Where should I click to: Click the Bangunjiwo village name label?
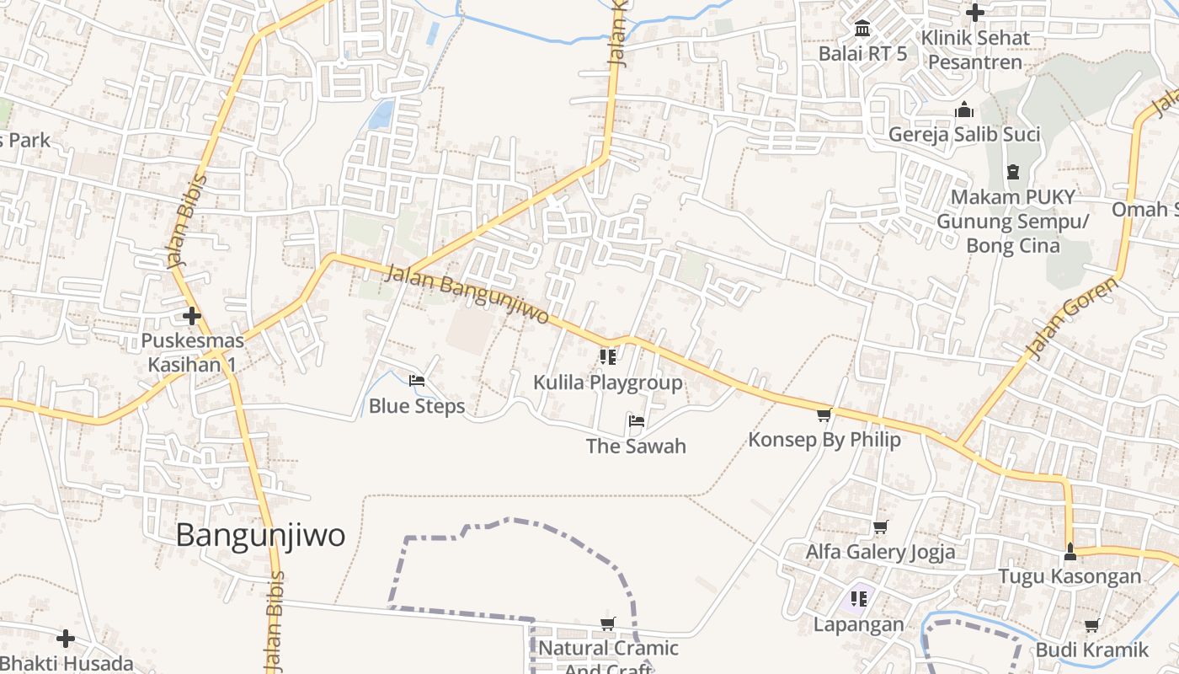pyautogui.click(x=260, y=535)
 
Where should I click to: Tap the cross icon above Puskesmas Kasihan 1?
pyautogui.click(x=192, y=316)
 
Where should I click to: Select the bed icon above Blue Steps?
pyautogui.click(x=416, y=381)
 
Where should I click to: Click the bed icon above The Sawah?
pyautogui.click(x=636, y=420)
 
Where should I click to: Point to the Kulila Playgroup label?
pyautogui.click(x=607, y=382)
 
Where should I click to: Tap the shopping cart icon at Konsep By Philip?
pyautogui.click(x=824, y=415)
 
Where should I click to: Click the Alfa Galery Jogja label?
pyautogui.click(x=880, y=552)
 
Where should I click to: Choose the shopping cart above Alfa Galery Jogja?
pyautogui.click(x=880, y=527)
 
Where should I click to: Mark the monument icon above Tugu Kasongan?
pyautogui.click(x=1070, y=552)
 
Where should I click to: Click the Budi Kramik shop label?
pyautogui.click(x=1091, y=650)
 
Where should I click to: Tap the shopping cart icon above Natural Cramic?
pyautogui.click(x=607, y=623)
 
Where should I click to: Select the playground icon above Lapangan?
pyautogui.click(x=859, y=599)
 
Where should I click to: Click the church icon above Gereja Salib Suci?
pyautogui.click(x=964, y=110)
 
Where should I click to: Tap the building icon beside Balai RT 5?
pyautogui.click(x=862, y=29)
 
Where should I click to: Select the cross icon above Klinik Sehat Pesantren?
pyautogui.click(x=975, y=13)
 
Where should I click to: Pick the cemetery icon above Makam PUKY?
pyautogui.click(x=1012, y=172)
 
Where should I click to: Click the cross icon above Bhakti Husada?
pyautogui.click(x=66, y=639)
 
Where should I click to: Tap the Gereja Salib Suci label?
pyautogui.click(x=964, y=134)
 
